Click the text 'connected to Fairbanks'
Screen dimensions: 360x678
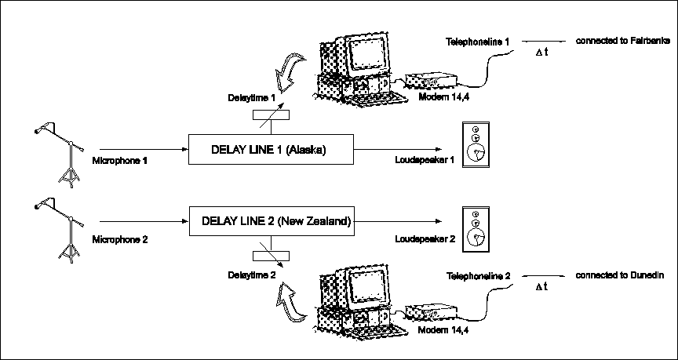622,40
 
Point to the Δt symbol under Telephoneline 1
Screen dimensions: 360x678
541,53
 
